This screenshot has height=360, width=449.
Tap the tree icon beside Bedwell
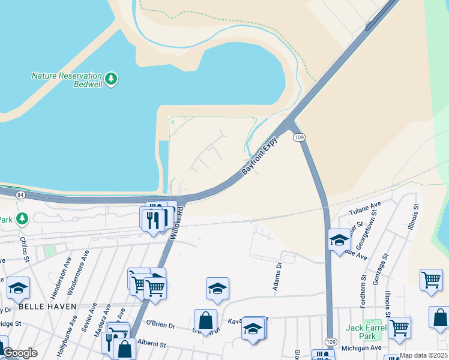110,79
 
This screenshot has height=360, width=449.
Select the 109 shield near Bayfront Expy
299,137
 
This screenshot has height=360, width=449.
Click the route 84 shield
21,195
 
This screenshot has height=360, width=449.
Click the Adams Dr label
277,277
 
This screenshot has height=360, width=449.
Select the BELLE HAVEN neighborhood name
47,306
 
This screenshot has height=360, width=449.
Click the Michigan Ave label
361,348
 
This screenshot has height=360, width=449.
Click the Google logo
20,353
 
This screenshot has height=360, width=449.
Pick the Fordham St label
363,287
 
